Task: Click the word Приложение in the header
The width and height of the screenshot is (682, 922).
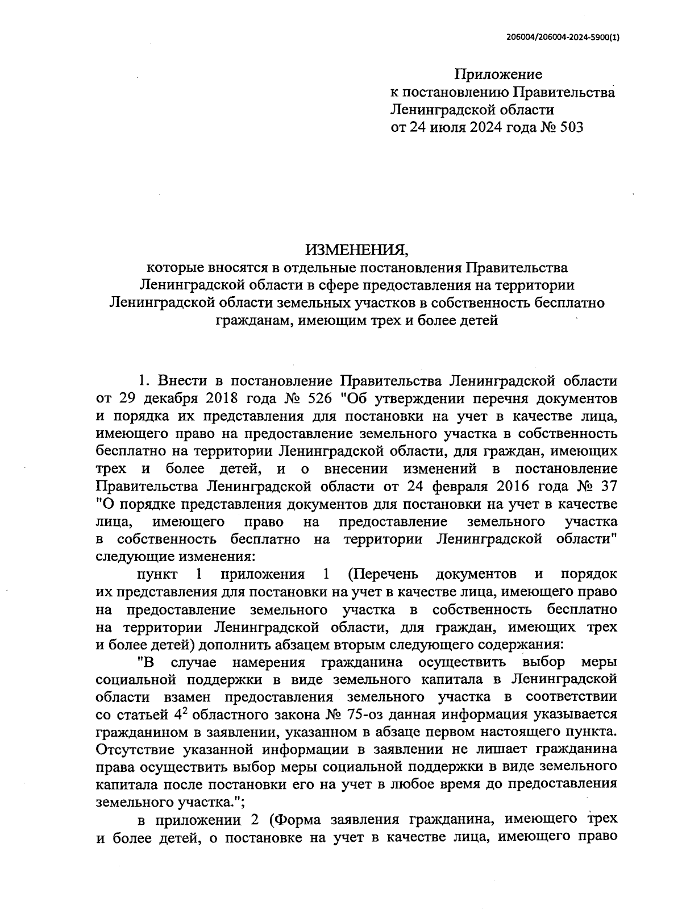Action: pyautogui.click(x=498, y=74)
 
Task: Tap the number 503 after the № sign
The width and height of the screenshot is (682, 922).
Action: pyautogui.click(x=571, y=127)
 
